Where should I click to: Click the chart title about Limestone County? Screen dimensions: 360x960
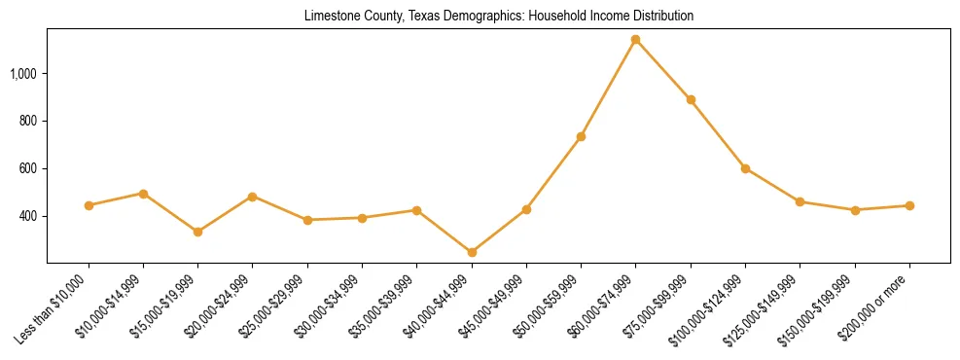[498, 17]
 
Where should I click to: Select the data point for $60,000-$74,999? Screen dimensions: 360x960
[636, 40]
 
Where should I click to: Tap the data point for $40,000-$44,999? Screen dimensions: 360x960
[472, 253]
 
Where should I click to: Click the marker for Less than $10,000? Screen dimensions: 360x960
[89, 205]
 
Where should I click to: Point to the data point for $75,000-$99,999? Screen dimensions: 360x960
[691, 99]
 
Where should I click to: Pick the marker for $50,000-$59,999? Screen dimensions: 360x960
[581, 136]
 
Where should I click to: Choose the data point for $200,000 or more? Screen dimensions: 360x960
[909, 205]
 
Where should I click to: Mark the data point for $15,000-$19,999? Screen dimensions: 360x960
[198, 232]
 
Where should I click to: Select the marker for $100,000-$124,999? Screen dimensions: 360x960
[745, 168]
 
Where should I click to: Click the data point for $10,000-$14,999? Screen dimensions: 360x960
[143, 194]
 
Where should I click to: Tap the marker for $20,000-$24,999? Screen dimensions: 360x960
[253, 197]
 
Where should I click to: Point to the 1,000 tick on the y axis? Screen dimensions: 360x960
[23, 74]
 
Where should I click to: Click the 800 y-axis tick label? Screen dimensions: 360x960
[28, 122]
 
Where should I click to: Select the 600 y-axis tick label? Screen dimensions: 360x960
[28, 169]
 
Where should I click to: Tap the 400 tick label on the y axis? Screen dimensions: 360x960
[28, 216]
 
